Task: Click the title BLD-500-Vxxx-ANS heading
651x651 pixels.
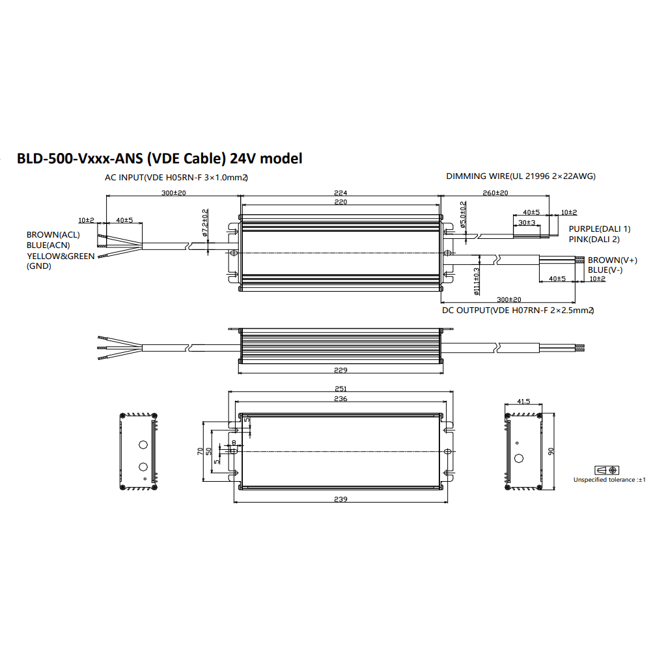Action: [x=159, y=158]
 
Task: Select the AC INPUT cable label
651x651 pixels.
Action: [x=176, y=177]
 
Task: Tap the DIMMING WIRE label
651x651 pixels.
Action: [x=520, y=176]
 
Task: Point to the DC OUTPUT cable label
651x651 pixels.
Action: [x=518, y=311]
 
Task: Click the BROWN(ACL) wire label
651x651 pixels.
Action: [x=53, y=234]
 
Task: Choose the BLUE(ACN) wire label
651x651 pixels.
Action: [x=48, y=245]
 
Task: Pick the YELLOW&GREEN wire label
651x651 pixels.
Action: [x=60, y=256]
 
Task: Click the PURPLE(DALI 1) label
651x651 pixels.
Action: [x=600, y=229]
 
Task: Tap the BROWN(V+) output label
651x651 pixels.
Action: [x=603, y=260]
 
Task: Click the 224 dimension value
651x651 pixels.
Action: [x=341, y=193]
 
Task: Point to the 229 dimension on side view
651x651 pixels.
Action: [x=341, y=370]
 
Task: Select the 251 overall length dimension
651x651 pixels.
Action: [x=340, y=389]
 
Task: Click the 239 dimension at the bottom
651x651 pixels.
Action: [x=341, y=499]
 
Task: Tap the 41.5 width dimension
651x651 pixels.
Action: [x=523, y=402]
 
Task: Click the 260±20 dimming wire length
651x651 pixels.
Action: [x=496, y=193]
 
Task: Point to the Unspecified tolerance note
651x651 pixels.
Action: [x=609, y=480]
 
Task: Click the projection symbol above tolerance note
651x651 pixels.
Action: [x=607, y=470]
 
